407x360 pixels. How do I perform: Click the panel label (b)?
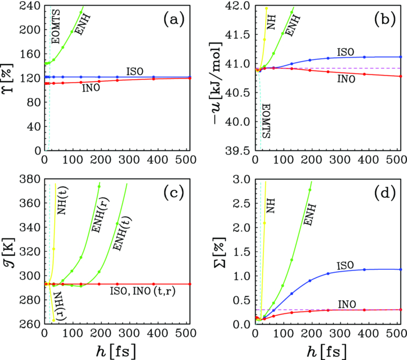[x=384, y=20]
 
